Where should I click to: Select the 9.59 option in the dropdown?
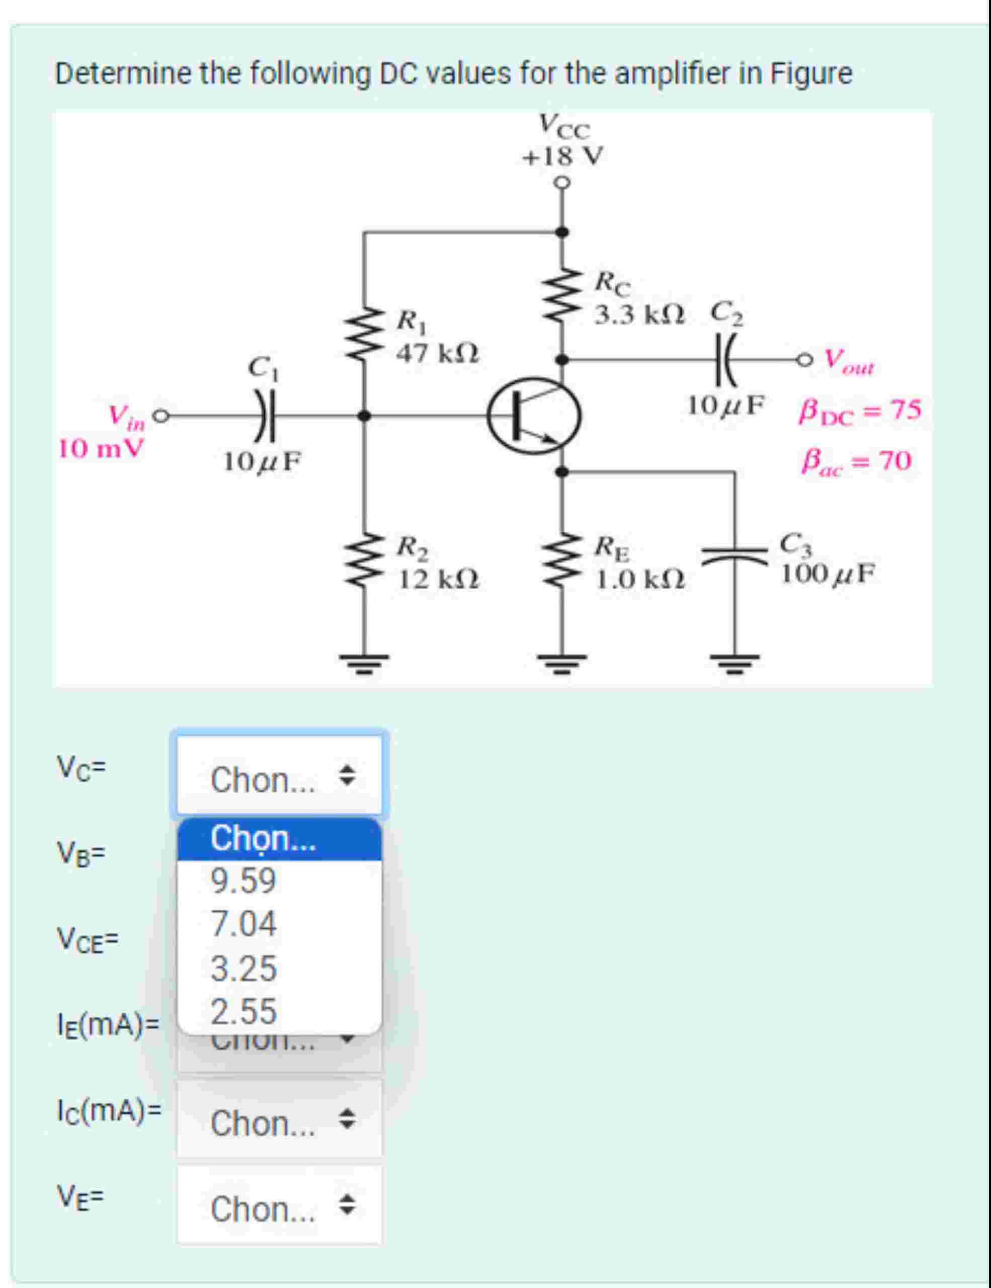pos(243,881)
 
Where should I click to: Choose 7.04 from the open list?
pos(243,924)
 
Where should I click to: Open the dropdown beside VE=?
pos(279,1209)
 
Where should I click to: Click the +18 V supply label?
pos(563,157)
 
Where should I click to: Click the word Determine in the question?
pos(123,74)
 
